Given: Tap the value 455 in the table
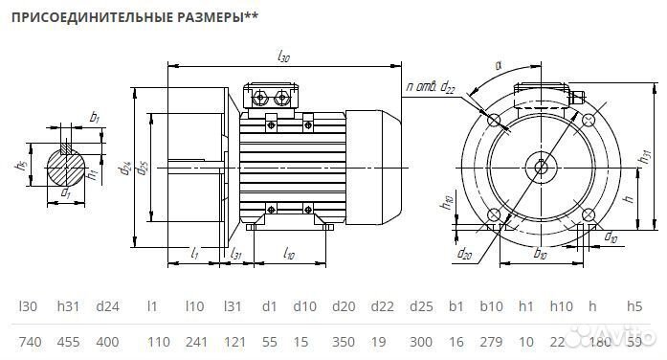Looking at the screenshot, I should pos(68,341).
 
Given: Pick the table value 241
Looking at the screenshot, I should pos(195,341).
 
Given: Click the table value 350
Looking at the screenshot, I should pos(342,341).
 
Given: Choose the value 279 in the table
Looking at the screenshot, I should pos(491,341).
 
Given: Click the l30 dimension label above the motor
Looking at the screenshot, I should pos(283,57).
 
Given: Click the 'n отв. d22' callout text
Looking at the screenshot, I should pos(430,88).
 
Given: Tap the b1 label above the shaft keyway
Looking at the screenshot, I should pos(94,117).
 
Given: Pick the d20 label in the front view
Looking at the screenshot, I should pos(465,254).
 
